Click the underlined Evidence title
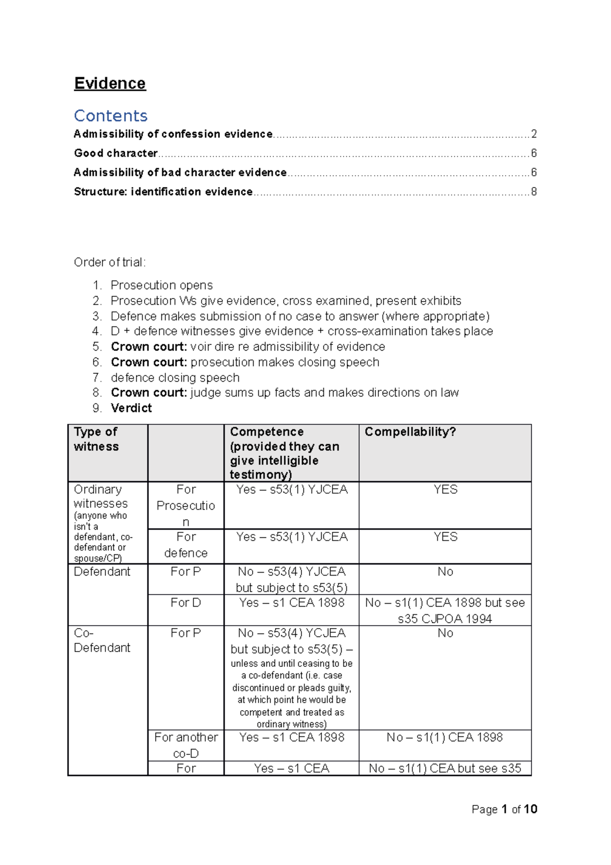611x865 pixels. pyautogui.click(x=110, y=83)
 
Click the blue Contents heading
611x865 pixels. pyautogui.click(x=110, y=116)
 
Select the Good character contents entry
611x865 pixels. pyautogui.click(x=116, y=153)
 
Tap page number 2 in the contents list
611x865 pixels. pyautogui.click(x=534, y=134)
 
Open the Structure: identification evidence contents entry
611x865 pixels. pyautogui.click(x=163, y=192)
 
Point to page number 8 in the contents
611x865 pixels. pyautogui.click(x=534, y=192)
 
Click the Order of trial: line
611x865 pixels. pyautogui.click(x=110, y=262)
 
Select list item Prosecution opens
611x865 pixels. pyautogui.click(x=161, y=285)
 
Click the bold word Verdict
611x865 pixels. pyautogui.click(x=131, y=408)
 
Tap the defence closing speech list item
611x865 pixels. pyautogui.click(x=175, y=377)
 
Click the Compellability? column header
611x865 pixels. pyautogui.click(x=410, y=432)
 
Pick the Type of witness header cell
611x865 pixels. pyautogui.click(x=96, y=439)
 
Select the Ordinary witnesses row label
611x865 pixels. pyautogui.click(x=100, y=497)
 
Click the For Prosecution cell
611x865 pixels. pyautogui.click(x=186, y=505)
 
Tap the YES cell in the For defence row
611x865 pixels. pyautogui.click(x=446, y=537)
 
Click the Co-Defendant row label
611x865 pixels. pyautogui.click(x=102, y=640)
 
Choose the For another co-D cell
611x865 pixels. pyautogui.click(x=186, y=745)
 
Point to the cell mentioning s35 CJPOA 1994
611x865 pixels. pyautogui.click(x=445, y=610)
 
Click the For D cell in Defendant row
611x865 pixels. pyautogui.click(x=186, y=603)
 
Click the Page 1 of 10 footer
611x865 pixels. pyautogui.click(x=504, y=809)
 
